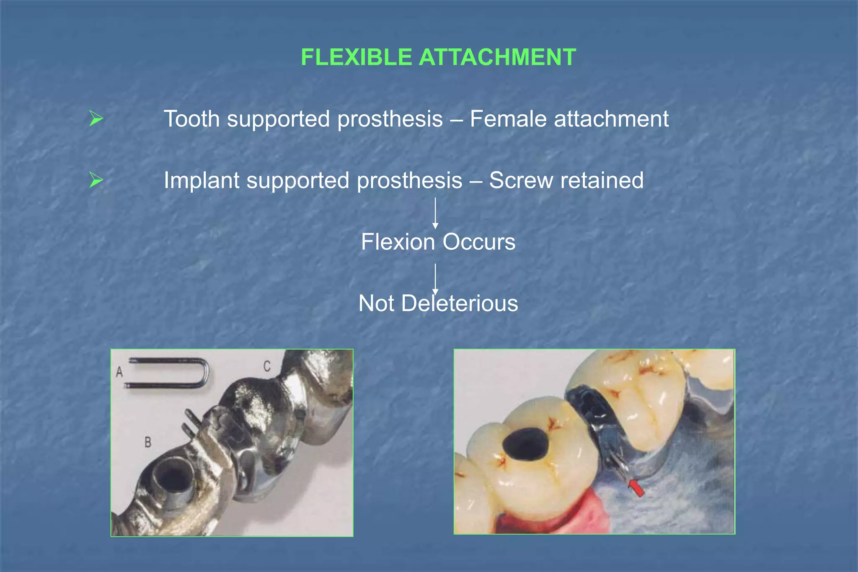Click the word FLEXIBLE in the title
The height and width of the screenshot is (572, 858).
coord(356,57)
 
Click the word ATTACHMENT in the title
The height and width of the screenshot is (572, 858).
coord(497,57)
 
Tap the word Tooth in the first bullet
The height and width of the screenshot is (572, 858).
coord(191,119)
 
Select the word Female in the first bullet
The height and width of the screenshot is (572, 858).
coord(508,119)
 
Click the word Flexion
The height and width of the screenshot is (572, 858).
coord(398,242)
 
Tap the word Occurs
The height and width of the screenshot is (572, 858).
coord(479,242)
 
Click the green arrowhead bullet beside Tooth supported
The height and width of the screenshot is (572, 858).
coord(96,119)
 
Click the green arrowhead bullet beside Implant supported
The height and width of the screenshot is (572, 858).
coord(96,180)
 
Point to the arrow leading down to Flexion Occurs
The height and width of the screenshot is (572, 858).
coord(435,214)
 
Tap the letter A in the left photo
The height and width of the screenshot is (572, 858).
coord(119,371)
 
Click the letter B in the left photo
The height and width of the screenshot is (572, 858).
coord(148,442)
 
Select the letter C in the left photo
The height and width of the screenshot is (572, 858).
coord(267,366)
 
